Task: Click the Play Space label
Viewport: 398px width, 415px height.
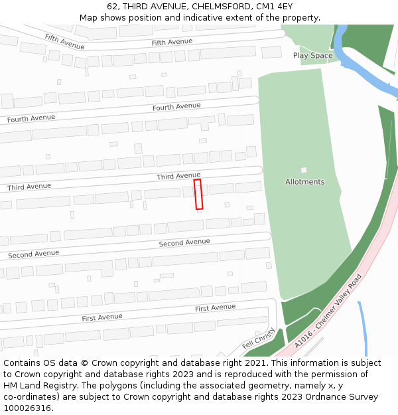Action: [x=312, y=56]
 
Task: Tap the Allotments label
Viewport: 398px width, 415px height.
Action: [x=304, y=182]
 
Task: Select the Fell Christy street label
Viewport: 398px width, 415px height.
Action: [x=258, y=339]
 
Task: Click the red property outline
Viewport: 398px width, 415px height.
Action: [x=198, y=195]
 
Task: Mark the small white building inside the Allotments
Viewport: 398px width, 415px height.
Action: [x=304, y=171]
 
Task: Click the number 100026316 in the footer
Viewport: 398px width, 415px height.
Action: [x=28, y=408]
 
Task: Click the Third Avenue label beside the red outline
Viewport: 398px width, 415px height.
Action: [x=178, y=176]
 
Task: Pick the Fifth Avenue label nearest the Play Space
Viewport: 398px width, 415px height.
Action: [x=172, y=42]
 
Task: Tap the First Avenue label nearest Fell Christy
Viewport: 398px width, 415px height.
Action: [x=215, y=307]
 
